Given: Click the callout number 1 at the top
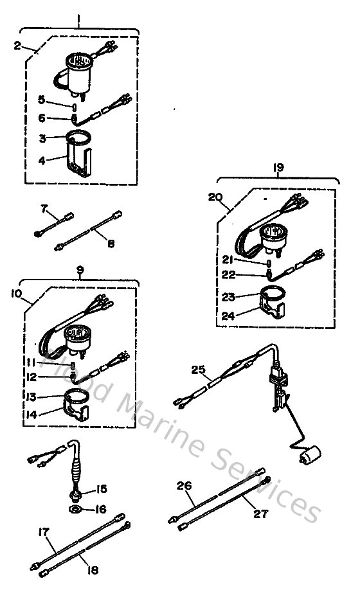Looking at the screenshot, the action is click(78, 17).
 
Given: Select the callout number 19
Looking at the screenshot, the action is click(278, 168).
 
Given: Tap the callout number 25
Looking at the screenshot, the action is click(198, 370).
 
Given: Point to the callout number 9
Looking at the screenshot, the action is click(80, 270).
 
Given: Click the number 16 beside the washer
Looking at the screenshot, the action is click(100, 509).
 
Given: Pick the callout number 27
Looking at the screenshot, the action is click(261, 514).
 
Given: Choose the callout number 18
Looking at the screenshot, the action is click(92, 570).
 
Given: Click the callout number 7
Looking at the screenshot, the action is click(44, 208).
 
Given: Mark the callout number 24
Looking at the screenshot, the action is click(228, 316).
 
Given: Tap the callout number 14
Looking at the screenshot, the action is click(32, 415).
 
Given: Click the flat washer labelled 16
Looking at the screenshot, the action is click(75, 510).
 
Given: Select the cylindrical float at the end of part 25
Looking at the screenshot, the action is click(310, 455).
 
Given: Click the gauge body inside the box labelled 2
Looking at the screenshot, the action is click(78, 74).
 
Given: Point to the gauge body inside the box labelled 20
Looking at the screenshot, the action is click(273, 238).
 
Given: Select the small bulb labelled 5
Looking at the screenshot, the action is click(74, 107).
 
